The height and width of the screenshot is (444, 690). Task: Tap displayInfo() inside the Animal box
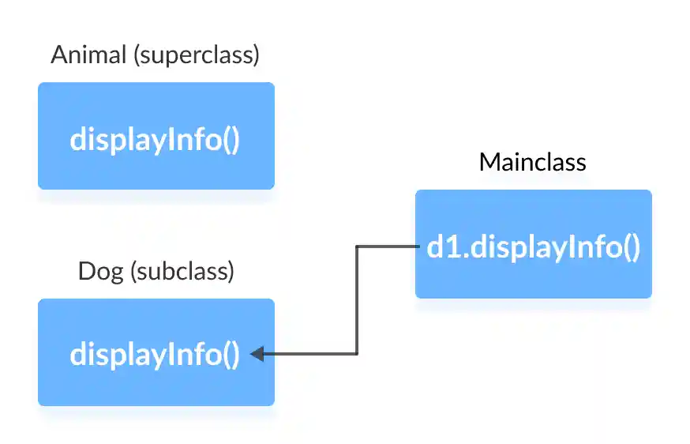point(155,139)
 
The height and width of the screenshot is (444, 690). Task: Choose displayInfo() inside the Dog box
point(155,355)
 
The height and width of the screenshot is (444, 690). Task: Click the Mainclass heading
point(532,162)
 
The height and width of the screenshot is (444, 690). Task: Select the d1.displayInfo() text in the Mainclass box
point(533,247)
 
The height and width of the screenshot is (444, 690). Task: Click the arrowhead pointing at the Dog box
point(257,354)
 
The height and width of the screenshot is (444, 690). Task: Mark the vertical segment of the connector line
point(357,300)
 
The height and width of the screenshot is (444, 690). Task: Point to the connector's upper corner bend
point(357,246)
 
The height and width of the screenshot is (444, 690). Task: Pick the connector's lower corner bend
point(357,354)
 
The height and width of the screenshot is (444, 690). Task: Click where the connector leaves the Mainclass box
point(416,246)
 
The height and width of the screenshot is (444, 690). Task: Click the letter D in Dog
point(85,271)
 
